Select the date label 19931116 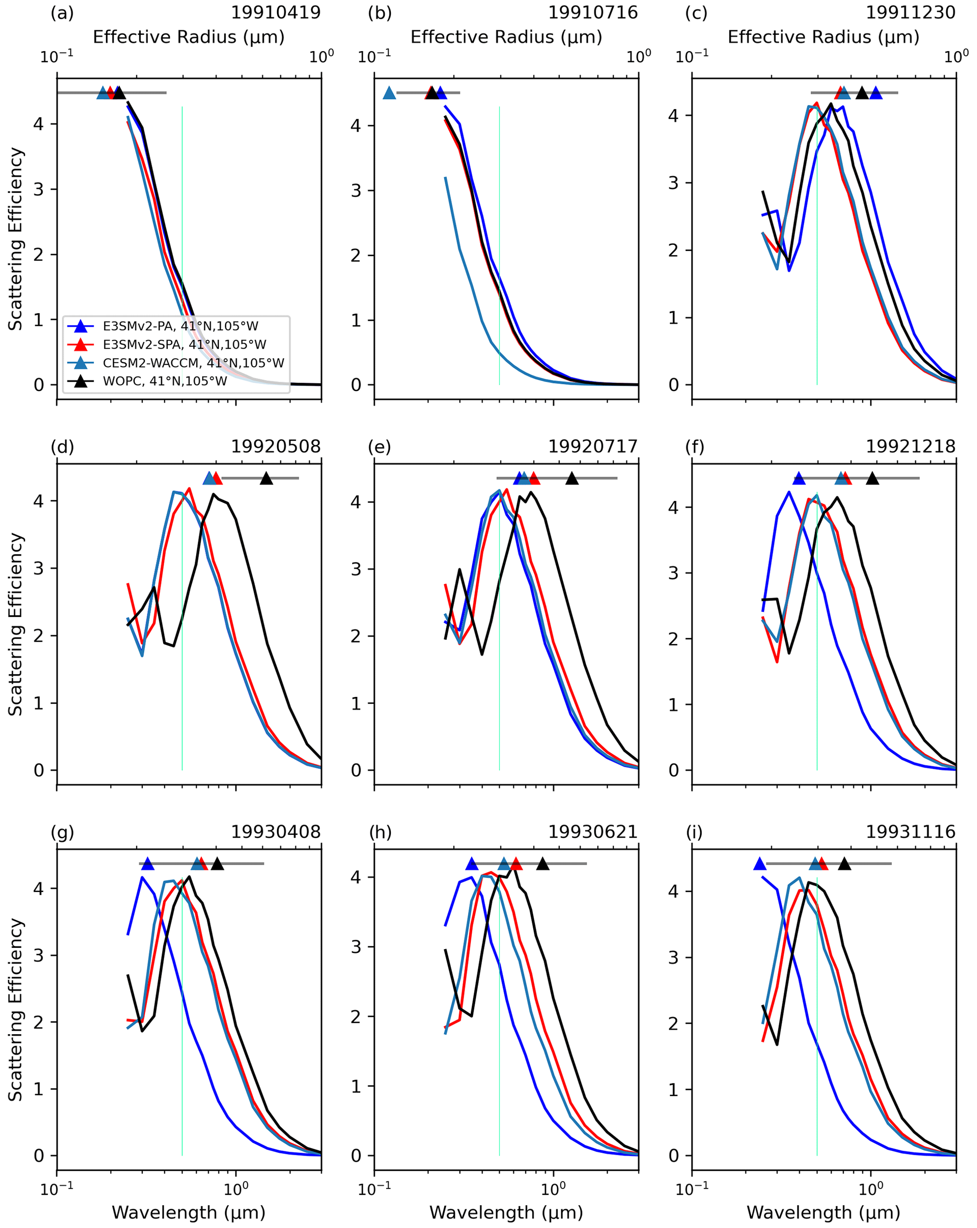point(910,832)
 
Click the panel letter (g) point(62,832)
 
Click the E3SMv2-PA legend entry point(180,326)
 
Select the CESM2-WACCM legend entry point(193,363)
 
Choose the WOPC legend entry point(164,381)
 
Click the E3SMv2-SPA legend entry point(184,344)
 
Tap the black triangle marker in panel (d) point(266,479)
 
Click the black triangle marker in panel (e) point(572,479)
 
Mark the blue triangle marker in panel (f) point(799,479)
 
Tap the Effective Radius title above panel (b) point(506,37)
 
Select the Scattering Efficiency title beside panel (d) point(16,624)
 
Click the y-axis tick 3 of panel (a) point(38,189)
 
